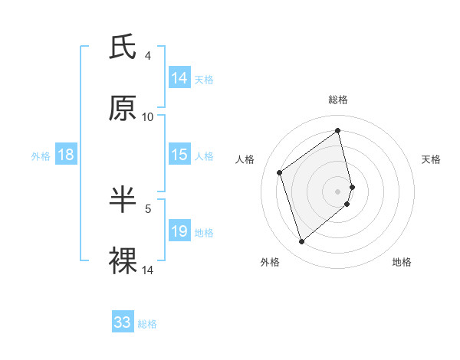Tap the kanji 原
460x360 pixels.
coord(123,108)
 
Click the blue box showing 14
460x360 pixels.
coord(179,78)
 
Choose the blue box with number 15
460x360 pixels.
coord(179,155)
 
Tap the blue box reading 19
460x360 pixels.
coord(179,231)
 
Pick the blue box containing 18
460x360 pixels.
coord(66,155)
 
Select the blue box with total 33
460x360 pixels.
coord(123,322)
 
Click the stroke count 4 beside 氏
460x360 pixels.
coord(148,56)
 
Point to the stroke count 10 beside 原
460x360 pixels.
coord(148,116)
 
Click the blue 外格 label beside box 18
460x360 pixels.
coord(41,156)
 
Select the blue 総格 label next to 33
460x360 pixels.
coord(148,324)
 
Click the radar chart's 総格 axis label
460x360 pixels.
coord(338,100)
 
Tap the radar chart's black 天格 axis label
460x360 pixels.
coord(431,159)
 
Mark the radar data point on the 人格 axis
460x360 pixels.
coord(280,172)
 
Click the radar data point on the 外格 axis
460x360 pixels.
coord(301,242)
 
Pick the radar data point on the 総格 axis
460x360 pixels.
coord(338,130)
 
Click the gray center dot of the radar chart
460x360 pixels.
coord(338,191)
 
